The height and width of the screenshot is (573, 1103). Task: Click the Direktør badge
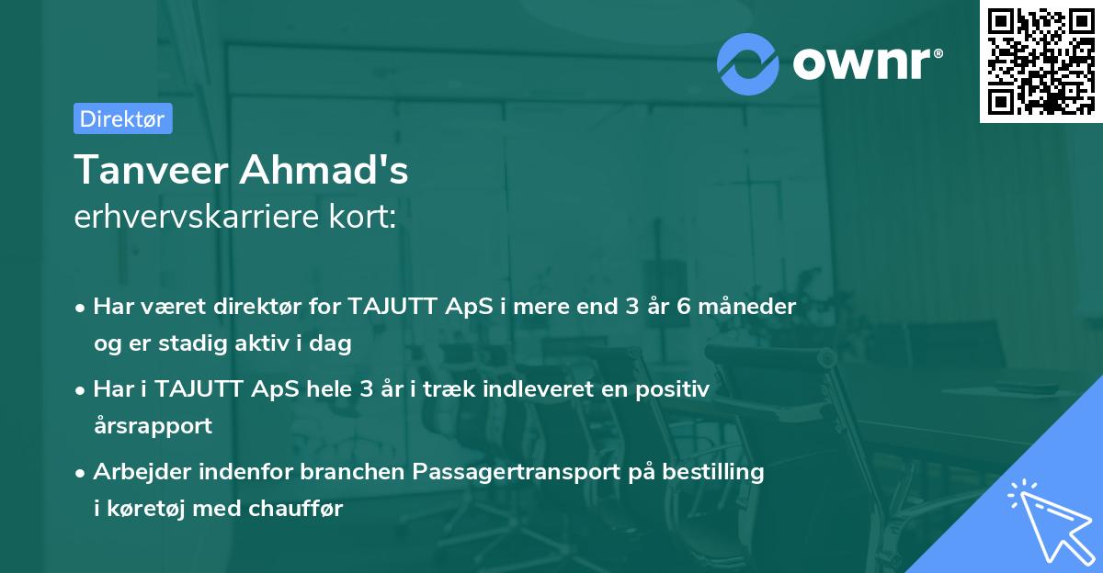(122, 118)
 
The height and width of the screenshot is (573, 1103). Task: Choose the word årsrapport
(153, 426)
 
